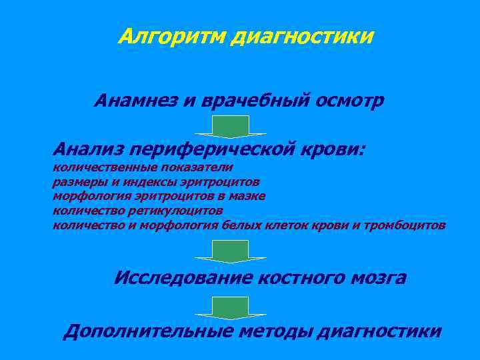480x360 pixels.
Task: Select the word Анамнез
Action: click(x=133, y=101)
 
